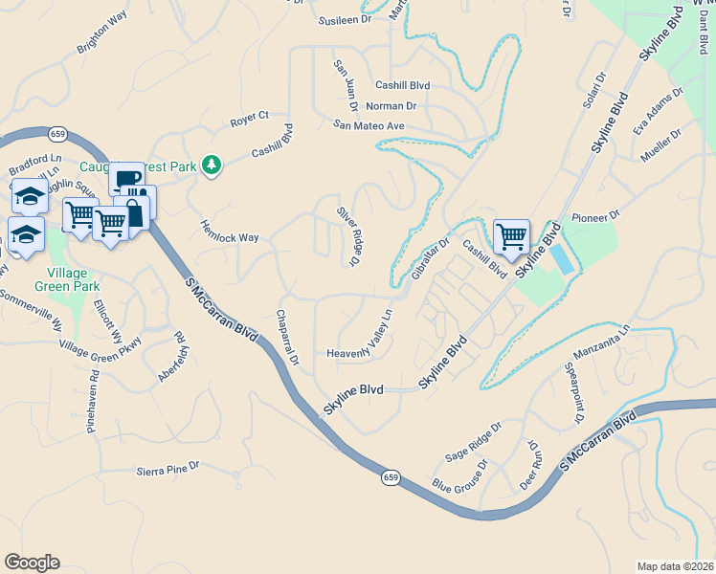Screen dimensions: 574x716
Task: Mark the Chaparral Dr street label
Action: (x=289, y=338)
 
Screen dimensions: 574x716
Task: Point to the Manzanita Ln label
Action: (x=598, y=342)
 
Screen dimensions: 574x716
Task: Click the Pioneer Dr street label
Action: (x=595, y=217)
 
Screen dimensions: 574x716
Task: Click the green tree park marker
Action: (x=212, y=166)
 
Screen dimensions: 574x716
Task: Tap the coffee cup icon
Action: (x=125, y=180)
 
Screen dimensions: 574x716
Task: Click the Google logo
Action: (x=32, y=563)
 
